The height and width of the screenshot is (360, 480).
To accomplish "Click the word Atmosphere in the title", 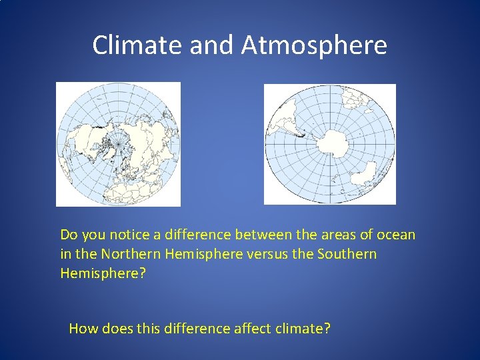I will tap(314, 45).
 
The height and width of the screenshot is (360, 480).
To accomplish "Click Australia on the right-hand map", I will tap(365, 178).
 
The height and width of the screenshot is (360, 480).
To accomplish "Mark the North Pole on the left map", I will tap(119, 143).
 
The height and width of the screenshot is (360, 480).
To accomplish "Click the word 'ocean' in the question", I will tap(396, 235).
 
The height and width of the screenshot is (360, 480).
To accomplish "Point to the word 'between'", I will tap(261, 235).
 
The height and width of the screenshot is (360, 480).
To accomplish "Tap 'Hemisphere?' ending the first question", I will tap(103, 273).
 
